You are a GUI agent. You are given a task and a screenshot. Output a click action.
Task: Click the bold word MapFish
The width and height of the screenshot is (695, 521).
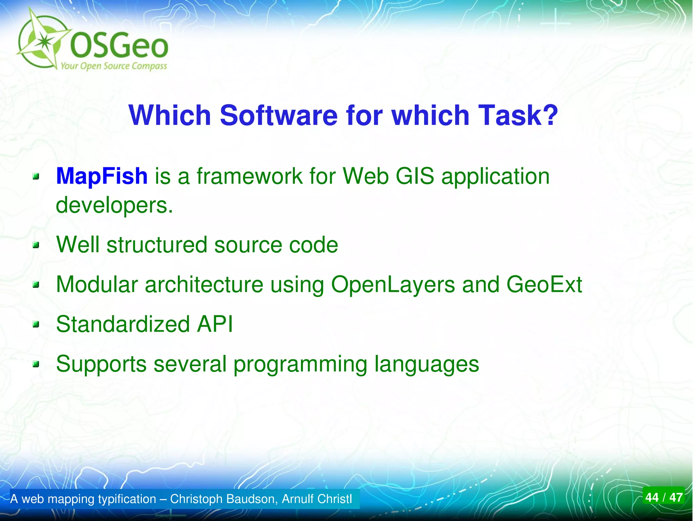click(x=101, y=176)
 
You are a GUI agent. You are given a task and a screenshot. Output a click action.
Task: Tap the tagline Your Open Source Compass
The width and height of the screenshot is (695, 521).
click(x=114, y=66)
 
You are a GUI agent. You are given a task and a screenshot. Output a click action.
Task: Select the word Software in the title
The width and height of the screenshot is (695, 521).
click(x=279, y=115)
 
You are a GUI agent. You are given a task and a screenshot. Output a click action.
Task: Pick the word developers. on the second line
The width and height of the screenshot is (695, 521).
click(x=114, y=205)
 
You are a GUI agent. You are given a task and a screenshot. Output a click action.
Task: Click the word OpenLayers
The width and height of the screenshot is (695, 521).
click(x=393, y=284)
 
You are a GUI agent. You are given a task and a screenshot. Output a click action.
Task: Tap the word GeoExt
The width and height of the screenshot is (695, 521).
click(x=544, y=284)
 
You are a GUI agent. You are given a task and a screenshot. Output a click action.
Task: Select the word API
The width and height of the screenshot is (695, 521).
click(x=215, y=324)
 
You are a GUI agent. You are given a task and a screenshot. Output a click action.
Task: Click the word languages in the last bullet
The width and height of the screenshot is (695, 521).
click(x=427, y=364)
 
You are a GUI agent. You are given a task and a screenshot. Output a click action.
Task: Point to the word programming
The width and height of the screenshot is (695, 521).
click(x=300, y=364)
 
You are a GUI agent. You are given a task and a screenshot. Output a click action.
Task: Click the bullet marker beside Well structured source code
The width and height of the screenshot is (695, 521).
click(x=36, y=245)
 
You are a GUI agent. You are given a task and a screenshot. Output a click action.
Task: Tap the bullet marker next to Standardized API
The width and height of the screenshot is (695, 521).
click(x=36, y=324)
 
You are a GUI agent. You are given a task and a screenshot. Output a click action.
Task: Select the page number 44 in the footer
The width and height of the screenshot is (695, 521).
click(x=652, y=498)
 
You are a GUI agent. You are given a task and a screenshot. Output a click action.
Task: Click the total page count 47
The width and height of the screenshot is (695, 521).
click(x=676, y=498)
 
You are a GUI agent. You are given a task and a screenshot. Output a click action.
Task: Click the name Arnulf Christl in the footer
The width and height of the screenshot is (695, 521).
click(x=317, y=499)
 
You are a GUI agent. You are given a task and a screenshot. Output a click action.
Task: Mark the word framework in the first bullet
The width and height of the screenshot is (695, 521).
click(x=249, y=176)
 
